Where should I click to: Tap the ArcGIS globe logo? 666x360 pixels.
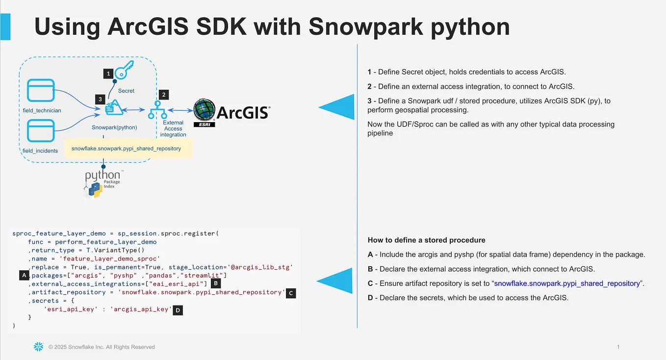coord(205,111)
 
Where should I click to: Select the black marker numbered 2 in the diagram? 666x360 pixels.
coord(164,94)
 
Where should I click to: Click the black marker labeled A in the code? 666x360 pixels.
coord(24,276)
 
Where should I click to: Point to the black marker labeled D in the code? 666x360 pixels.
coord(178,310)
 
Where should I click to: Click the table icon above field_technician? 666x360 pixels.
coord(41,91)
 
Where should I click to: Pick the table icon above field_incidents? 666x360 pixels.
coord(41,131)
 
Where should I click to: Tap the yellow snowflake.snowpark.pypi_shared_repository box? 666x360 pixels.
coord(128,148)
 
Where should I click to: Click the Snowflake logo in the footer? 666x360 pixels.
coord(38,347)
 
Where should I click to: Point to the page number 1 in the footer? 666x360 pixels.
coord(618,347)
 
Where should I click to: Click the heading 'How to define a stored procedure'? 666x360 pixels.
coord(426,240)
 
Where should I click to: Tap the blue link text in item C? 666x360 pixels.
coord(566,283)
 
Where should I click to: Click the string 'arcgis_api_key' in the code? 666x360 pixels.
coord(142,309)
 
